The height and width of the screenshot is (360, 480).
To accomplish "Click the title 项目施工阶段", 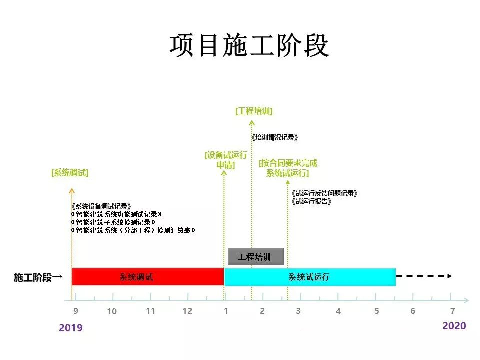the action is click(249, 45).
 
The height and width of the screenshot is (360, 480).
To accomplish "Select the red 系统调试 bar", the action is click(148, 276).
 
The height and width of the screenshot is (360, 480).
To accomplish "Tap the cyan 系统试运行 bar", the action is click(310, 277).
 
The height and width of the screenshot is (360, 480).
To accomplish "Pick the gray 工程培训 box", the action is click(256, 256).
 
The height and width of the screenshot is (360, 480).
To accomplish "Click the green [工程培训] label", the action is click(254, 111).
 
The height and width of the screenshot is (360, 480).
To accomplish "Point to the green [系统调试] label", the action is click(70, 173).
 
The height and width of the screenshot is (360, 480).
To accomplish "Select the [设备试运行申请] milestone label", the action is click(226, 160).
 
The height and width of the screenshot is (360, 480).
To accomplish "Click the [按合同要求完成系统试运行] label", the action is click(288, 168).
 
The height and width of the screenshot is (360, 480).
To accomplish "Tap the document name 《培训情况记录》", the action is click(274, 137).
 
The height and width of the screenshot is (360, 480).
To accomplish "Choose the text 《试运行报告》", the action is click(311, 201).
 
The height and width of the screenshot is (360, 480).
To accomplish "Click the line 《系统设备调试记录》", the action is click(101, 206).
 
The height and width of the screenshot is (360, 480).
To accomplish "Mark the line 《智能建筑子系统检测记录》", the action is click(113, 222).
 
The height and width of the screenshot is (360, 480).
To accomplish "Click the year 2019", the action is click(70, 328).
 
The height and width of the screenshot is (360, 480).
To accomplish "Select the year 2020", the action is click(454, 326).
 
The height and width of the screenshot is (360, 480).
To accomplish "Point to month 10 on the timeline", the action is click(112, 311).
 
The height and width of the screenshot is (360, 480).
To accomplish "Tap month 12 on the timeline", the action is click(187, 311).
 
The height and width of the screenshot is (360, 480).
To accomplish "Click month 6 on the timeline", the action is click(413, 311).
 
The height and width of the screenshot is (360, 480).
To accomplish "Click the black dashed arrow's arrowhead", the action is click(450, 276).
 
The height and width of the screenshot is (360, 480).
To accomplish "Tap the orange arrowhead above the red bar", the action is click(72, 191).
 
